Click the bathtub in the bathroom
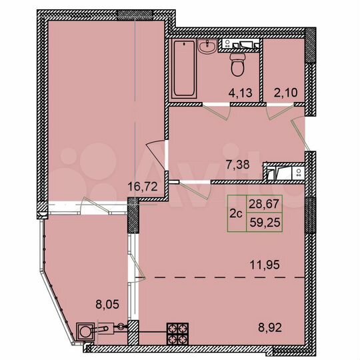pyautogui.click(x=184, y=69)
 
